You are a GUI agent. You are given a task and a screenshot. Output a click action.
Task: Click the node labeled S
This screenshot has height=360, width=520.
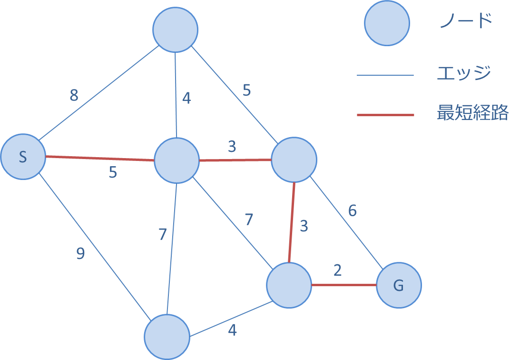point(23,157)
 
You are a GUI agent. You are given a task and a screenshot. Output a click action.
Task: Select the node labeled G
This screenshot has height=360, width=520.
point(399,285)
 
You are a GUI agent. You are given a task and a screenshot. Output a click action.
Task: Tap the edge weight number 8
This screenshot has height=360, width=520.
point(74,96)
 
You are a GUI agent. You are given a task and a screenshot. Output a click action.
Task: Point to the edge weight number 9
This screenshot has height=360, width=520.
point(80,254)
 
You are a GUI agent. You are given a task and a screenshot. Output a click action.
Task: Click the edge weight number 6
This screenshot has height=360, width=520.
point(352,210)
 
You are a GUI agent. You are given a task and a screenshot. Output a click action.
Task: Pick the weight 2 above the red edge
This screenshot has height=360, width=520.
point(338,270)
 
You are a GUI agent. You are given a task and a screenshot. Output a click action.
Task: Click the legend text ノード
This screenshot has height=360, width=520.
point(465,21)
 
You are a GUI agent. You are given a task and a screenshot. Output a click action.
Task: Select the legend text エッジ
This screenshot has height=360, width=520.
point(464,73)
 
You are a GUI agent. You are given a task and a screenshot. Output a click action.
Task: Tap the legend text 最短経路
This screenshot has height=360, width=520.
point(472,113)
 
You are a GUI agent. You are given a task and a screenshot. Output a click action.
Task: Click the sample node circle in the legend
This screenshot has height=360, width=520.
point(387,23)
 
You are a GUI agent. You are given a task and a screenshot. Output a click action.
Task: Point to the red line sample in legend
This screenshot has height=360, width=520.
point(385,115)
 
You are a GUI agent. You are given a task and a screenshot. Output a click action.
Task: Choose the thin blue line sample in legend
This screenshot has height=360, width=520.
point(385,75)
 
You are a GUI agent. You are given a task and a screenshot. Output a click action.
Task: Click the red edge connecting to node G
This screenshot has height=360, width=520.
point(343,285)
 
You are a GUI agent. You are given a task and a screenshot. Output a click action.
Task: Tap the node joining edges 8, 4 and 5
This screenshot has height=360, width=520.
point(175,30)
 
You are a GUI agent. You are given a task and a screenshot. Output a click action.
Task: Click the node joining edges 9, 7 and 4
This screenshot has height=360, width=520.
point(167,337)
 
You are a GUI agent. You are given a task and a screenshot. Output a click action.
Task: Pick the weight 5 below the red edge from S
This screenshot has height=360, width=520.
point(113,172)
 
